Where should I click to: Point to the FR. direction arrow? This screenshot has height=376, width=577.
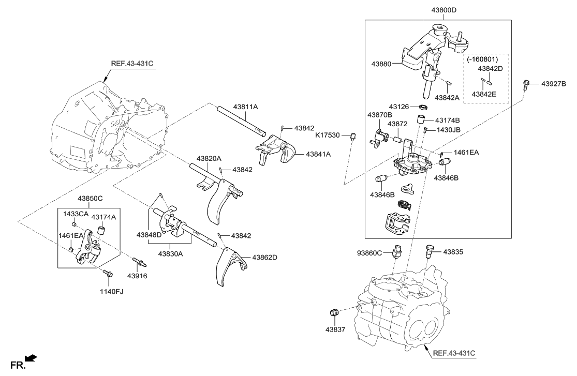pyautogui.click(x=31, y=358)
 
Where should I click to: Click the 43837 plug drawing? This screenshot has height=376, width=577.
pyautogui.click(x=334, y=312)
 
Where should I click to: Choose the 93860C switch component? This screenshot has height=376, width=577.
pyautogui.click(x=397, y=251)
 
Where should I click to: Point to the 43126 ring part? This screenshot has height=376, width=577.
pyautogui.click(x=423, y=107)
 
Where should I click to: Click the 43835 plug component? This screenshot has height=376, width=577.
pyautogui.click(x=428, y=251)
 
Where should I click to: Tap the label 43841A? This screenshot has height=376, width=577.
pyautogui.click(x=318, y=154)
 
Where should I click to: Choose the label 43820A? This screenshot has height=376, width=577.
pyautogui.click(x=209, y=158)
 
